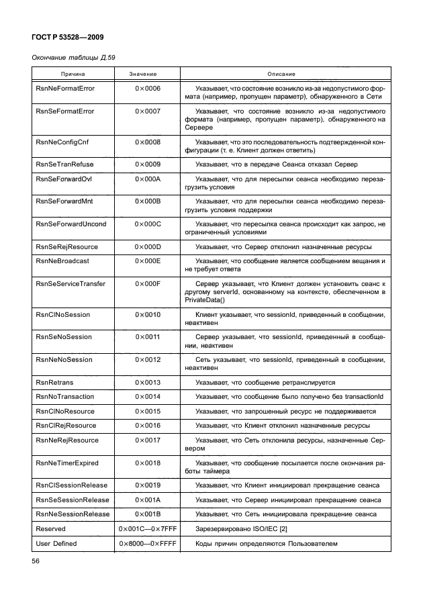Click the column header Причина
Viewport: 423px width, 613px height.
pyautogui.click(x=74, y=73)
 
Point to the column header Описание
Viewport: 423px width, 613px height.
pyautogui.click(x=281, y=73)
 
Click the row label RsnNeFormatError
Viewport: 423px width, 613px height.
pyautogui.click(x=64, y=88)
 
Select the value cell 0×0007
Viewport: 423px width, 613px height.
pyautogui.click(x=148, y=109)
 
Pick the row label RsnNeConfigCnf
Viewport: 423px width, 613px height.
pyautogui.click(x=61, y=142)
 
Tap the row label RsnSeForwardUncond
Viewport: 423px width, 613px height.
pyautogui.click(x=70, y=224)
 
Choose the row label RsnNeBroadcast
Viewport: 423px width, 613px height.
pyautogui.click(x=62, y=261)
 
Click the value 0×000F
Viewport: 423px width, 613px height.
pyautogui.click(x=148, y=284)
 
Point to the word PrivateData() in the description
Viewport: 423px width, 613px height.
pyautogui.click(x=205, y=300)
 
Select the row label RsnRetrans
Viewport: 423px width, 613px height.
pyautogui.click(x=54, y=382)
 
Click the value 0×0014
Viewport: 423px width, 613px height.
pyautogui.click(x=148, y=397)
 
